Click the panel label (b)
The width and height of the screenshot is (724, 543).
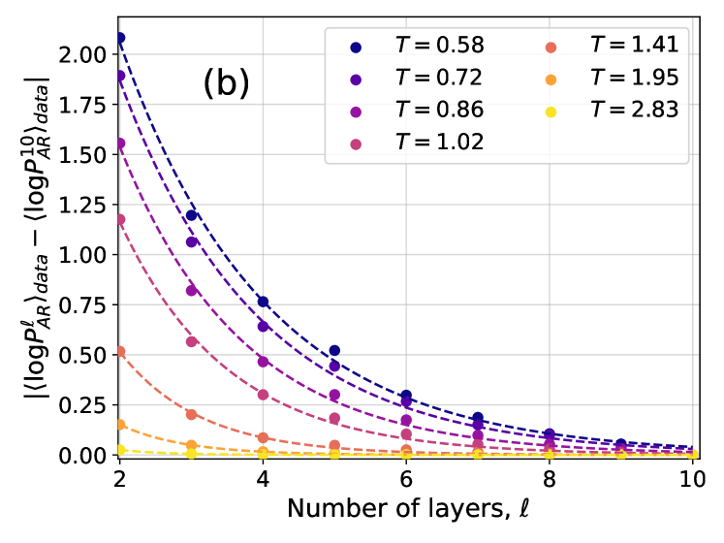226,85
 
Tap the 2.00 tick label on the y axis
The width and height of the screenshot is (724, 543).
83,54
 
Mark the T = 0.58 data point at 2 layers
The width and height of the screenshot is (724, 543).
120,38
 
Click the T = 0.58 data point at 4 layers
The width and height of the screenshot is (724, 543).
263,302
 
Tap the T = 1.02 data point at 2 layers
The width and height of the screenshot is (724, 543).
120,219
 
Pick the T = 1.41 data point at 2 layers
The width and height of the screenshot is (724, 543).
120,351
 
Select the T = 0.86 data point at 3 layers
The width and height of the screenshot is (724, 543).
192,291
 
